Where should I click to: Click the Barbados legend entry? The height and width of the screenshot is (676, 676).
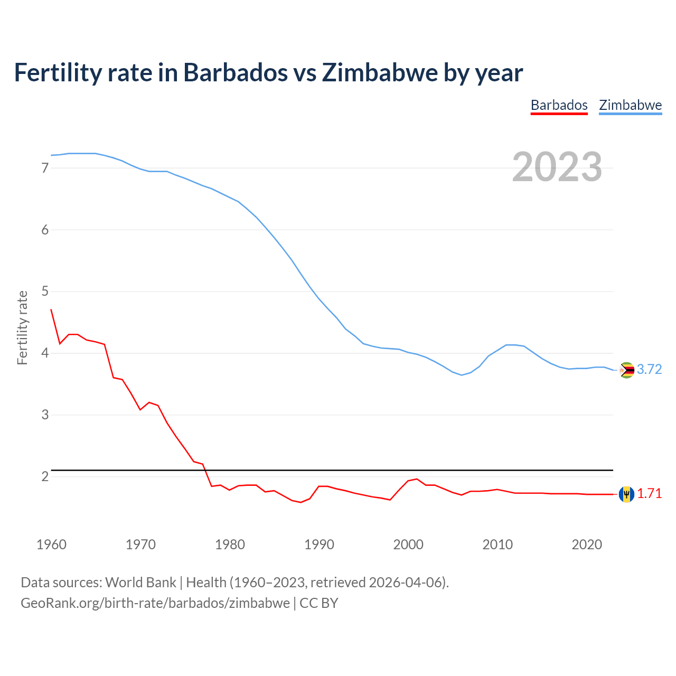coord(559,105)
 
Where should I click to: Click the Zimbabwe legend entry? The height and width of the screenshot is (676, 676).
coord(630,105)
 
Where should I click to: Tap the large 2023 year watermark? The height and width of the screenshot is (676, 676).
coord(557,167)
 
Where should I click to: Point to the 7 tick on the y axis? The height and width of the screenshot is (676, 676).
coord(45,168)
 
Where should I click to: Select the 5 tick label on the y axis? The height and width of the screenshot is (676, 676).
coord(45,292)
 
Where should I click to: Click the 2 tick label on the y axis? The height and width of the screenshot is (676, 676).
coord(45,476)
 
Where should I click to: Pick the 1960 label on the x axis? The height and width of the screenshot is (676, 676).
coord(51,544)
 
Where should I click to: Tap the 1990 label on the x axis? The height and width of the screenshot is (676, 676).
coord(319,544)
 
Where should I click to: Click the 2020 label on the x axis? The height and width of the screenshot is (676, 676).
coord(587,544)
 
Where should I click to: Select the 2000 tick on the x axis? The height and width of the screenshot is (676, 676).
coord(408,544)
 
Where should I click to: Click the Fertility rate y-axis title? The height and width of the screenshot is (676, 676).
coord(22,327)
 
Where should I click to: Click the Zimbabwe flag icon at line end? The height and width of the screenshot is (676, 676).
coord(626,370)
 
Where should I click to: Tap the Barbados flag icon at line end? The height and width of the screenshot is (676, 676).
coord(626,494)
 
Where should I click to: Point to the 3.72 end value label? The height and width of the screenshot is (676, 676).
coord(649,370)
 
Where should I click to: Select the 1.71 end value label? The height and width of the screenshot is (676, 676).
coord(649,494)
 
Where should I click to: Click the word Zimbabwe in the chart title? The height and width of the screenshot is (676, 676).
coord(380,73)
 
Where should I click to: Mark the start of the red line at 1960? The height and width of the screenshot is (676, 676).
coord(51,309)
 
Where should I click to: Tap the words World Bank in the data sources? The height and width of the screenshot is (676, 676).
coord(140,583)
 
